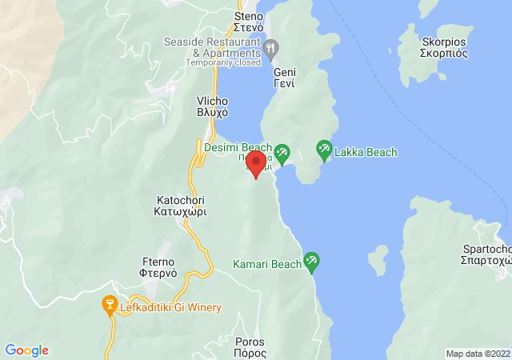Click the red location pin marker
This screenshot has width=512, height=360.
click(x=256, y=164)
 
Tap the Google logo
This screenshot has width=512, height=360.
click(x=26, y=350)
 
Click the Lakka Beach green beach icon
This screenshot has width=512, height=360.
click(x=324, y=148)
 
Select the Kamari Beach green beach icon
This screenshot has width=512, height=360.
click(x=311, y=261)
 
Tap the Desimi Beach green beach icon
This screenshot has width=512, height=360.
click(x=282, y=152)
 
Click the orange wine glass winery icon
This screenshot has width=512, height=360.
click(x=109, y=304)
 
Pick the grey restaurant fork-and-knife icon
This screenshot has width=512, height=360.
click(x=272, y=47)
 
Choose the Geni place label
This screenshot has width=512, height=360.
click(x=285, y=78)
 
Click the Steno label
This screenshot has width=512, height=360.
click(x=248, y=22)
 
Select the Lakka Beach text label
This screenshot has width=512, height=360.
click(x=366, y=152)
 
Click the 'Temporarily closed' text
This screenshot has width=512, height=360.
click(x=223, y=62)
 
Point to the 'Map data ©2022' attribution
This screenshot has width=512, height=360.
click(x=477, y=353)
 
